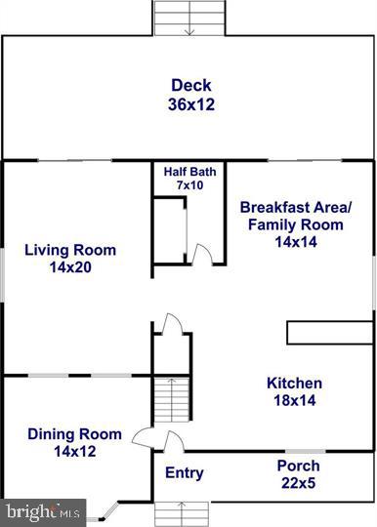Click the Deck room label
(191, 85)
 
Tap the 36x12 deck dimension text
(191, 102)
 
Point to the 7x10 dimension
(190, 185)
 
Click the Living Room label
(70, 250)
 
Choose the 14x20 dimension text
(70, 266)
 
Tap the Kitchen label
(294, 384)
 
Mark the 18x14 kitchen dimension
(294, 400)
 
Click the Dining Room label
(74, 434)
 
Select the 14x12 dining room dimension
(74, 451)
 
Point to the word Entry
(185, 473)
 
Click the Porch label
(298, 466)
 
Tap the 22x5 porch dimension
(298, 482)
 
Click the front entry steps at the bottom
(182, 513)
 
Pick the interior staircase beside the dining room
(168, 406)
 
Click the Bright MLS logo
(43, 511)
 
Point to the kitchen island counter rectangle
(329, 333)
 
